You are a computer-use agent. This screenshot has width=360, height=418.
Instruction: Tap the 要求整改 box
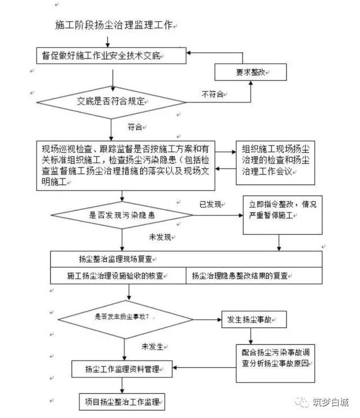click(x=250, y=71)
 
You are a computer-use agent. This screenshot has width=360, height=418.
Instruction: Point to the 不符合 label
click(x=213, y=95)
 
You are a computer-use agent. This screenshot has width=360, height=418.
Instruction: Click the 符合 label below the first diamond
click(x=135, y=127)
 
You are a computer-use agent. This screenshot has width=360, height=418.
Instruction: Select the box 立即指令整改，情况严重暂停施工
click(x=282, y=214)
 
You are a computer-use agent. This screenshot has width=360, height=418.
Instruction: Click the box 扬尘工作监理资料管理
click(x=121, y=369)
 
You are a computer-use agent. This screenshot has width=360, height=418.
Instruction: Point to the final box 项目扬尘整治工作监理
click(x=121, y=401)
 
